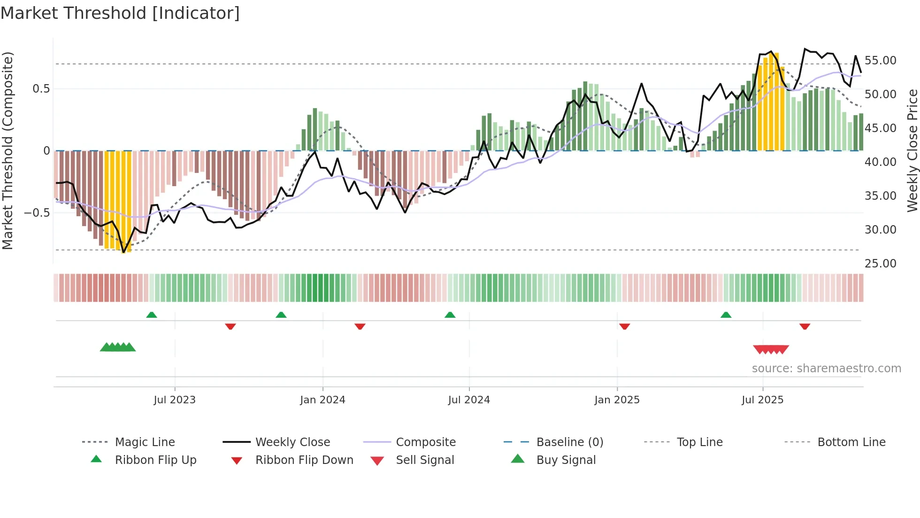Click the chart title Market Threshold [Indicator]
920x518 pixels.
click(120, 13)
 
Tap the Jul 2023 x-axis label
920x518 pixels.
click(175, 400)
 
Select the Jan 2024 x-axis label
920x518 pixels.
click(322, 400)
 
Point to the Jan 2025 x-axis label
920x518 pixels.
click(617, 400)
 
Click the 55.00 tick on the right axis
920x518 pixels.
click(880, 61)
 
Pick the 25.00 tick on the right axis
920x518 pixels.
click(880, 264)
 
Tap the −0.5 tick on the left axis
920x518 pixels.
click(37, 213)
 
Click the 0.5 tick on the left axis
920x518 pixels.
click(41, 89)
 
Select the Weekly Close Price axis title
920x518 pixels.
click(912, 150)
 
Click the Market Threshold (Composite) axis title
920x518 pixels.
click(8, 150)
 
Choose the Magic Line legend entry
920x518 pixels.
click(145, 442)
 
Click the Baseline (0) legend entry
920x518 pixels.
click(569, 442)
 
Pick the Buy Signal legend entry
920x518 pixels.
click(566, 460)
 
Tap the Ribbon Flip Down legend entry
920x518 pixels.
click(304, 460)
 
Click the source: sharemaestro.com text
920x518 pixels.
click(826, 369)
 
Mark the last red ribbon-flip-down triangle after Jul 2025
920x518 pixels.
click(805, 326)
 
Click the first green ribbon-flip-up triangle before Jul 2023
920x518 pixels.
click(151, 315)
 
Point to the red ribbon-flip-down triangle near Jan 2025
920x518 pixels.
click(624, 326)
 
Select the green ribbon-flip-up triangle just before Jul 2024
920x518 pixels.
click(450, 315)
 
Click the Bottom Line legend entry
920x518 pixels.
click(851, 442)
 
